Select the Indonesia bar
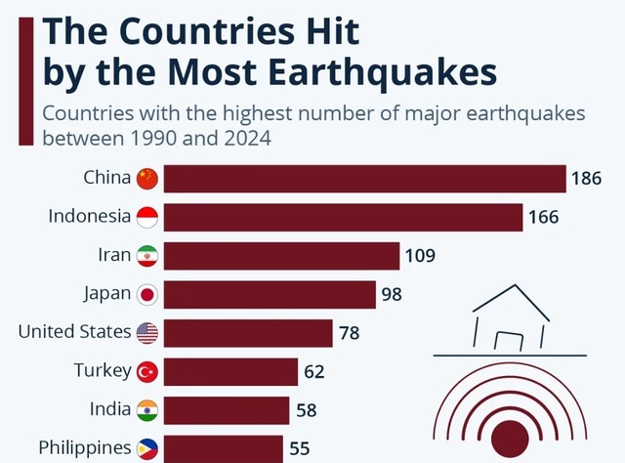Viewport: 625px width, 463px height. coord(343,217)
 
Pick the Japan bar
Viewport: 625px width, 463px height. coord(270,294)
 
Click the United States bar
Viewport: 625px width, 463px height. coord(248,332)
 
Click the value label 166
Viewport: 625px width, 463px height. coord(545,218)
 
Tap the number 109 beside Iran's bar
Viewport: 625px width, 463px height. coord(420,256)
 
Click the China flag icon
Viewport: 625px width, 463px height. coord(146,179)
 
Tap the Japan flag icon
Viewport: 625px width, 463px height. coord(146,294)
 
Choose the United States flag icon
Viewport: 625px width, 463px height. coord(146,332)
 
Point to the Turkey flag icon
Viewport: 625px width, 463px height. coord(146,371)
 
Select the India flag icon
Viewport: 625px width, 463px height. coord(146,409)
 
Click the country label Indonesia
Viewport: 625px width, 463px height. coord(89,217)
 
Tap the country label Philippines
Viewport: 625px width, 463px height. coord(84,448)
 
